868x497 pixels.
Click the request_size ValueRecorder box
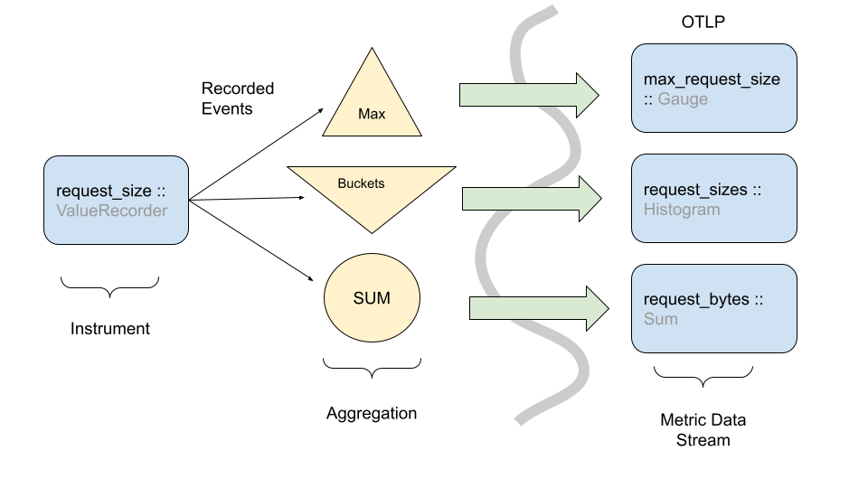[x=116, y=200]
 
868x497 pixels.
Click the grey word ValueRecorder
[x=112, y=211]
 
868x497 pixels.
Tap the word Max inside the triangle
[x=372, y=115]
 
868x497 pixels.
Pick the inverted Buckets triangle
[x=372, y=194]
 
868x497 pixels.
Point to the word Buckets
[x=361, y=183]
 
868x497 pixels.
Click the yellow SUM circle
[x=372, y=297]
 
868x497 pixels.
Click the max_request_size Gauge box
[x=714, y=89]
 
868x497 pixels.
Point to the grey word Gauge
[x=683, y=98]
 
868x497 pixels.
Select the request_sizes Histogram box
[x=714, y=199]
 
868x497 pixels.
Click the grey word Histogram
[x=682, y=210]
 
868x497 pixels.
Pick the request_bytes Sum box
[x=714, y=308]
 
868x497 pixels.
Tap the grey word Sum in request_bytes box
[x=660, y=319]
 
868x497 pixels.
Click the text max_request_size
[x=712, y=80]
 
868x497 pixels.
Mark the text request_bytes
[x=696, y=299]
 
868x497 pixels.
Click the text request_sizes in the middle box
[x=695, y=190]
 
